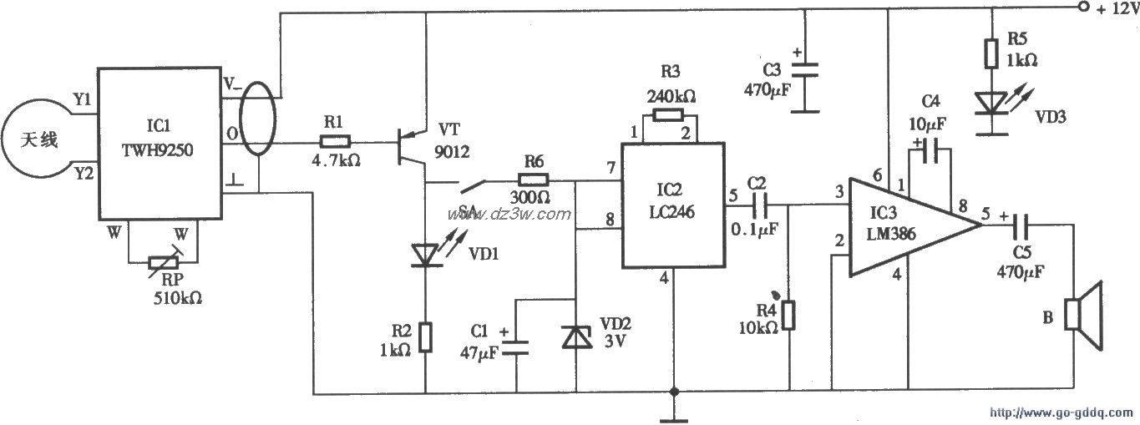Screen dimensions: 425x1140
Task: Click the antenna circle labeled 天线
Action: tap(38, 140)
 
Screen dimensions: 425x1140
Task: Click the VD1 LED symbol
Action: tap(426, 253)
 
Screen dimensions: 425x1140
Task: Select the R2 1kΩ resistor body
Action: tap(426, 336)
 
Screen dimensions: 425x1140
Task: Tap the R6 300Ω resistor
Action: tap(535, 180)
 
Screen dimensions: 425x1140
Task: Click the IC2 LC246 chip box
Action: tap(672, 205)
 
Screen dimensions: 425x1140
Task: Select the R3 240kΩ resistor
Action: tap(672, 114)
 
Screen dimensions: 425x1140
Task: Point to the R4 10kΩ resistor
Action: tap(790, 316)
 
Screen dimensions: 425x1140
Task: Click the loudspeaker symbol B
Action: tap(1083, 318)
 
